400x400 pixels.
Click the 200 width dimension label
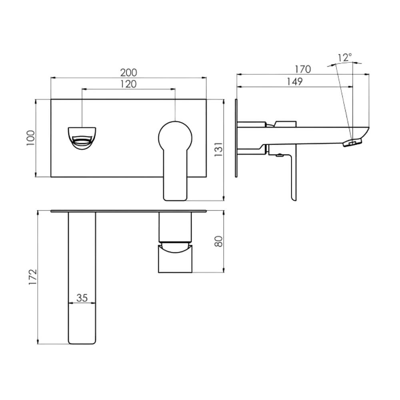pyautogui.click(x=128, y=73)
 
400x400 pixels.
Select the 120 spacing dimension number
pyautogui.click(x=128, y=84)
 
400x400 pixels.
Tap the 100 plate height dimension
pyautogui.click(x=31, y=138)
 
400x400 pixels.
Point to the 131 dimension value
pyautogui.click(x=219, y=150)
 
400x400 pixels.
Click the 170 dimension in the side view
pyautogui.click(x=303, y=69)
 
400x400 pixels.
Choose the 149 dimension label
pyautogui.click(x=295, y=82)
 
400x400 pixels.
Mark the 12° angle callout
pyautogui.click(x=345, y=58)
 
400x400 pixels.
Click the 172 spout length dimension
pyautogui.click(x=33, y=277)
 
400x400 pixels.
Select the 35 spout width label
pyautogui.click(x=82, y=298)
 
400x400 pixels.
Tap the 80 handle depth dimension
pyautogui.click(x=219, y=241)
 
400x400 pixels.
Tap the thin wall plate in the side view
pyautogui.click(x=236, y=138)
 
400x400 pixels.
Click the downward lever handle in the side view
pyautogui.click(x=293, y=176)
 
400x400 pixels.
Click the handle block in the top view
pyautogui.click(x=175, y=258)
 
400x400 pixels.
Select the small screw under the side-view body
pyautogui.click(x=280, y=155)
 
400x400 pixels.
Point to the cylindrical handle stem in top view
pyautogui.click(x=175, y=227)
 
